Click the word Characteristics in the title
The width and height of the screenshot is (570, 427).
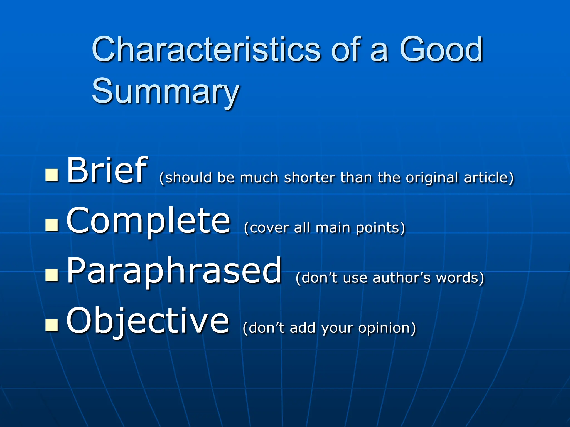[206, 50]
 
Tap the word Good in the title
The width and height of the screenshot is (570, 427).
[441, 50]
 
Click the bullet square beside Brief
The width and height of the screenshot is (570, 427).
[52, 175]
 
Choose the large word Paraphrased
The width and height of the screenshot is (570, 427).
[174, 271]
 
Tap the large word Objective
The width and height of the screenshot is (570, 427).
[148, 321]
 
